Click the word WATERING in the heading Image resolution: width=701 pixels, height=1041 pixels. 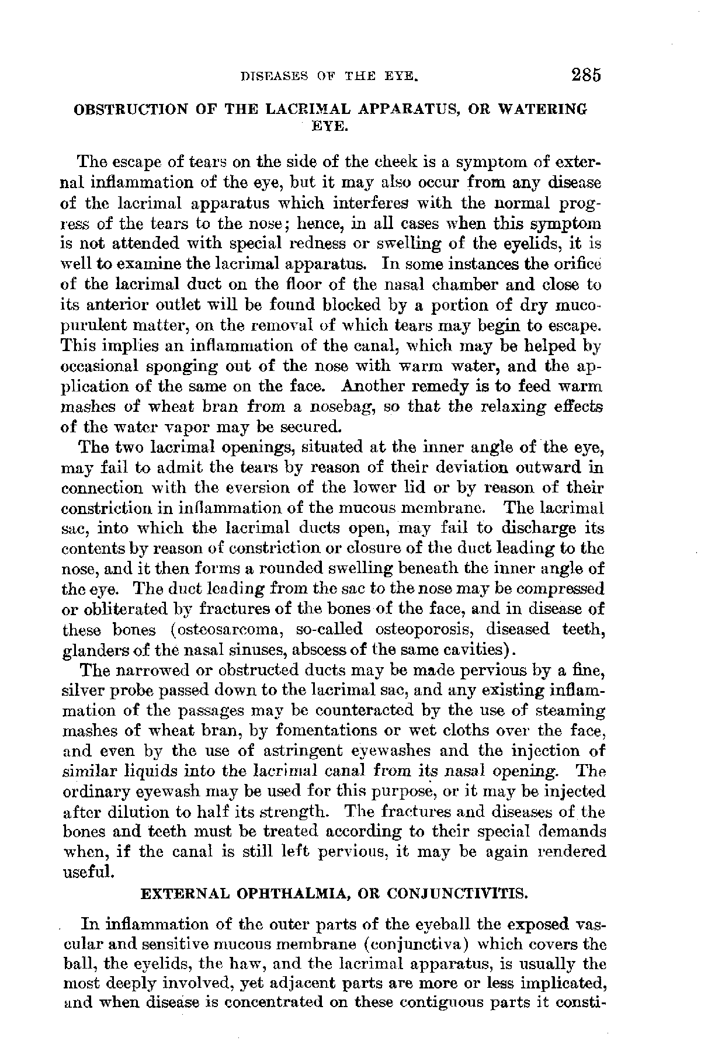coord(550,109)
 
